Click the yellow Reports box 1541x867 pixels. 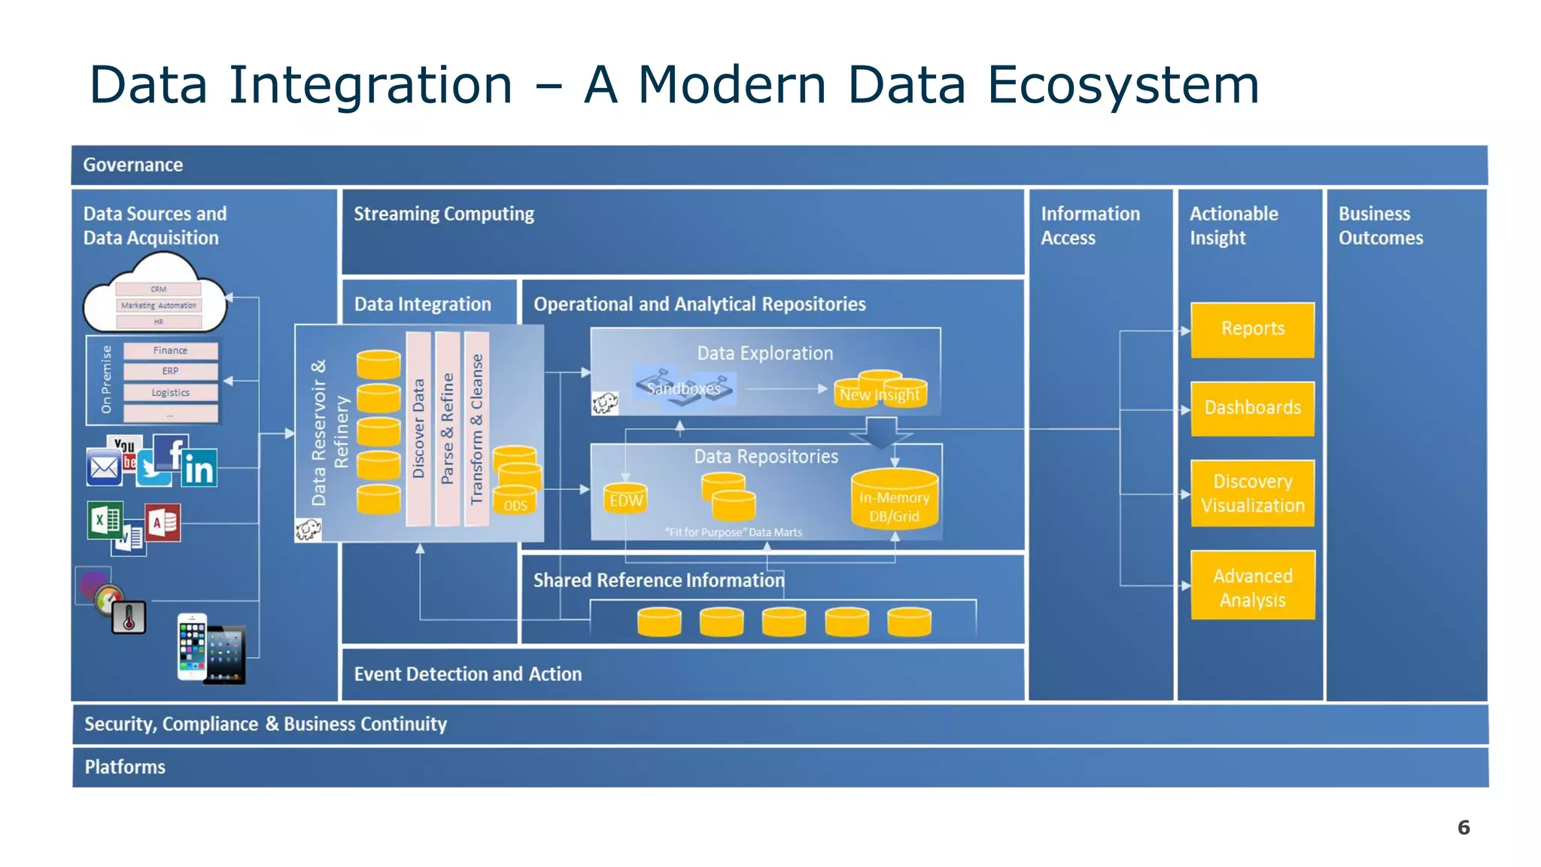[x=1252, y=330]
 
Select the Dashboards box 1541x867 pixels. [x=1252, y=408]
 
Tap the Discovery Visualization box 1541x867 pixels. [x=1252, y=493]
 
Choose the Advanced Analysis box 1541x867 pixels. [x=1252, y=586]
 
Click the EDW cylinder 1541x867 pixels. [x=626, y=500]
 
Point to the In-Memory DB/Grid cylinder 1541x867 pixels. [x=894, y=500]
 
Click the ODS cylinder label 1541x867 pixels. [x=515, y=505]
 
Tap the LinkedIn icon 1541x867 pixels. [x=199, y=469]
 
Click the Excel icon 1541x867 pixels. [x=104, y=520]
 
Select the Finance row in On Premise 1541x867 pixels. [x=170, y=351]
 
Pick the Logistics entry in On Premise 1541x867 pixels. [x=170, y=393]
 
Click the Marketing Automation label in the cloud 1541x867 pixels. [x=158, y=306]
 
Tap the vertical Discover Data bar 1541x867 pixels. [x=418, y=429]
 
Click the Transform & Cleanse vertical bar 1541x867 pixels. [x=476, y=429]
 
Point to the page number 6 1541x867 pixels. [x=1463, y=828]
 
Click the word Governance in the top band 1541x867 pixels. [x=132, y=165]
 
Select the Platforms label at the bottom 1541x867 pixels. [x=125, y=767]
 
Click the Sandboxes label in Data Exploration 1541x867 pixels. [x=683, y=388]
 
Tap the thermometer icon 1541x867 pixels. [x=129, y=618]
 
